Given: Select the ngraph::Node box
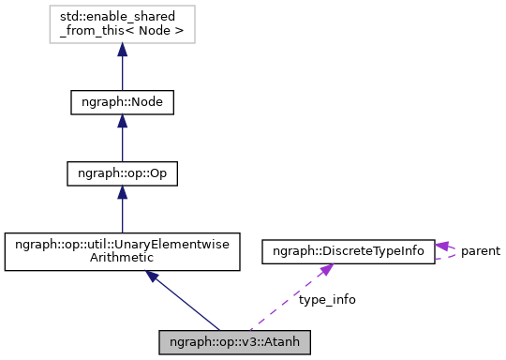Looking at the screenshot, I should (122, 101).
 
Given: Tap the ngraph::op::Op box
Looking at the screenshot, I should (122, 173).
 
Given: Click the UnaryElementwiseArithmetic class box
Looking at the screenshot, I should (122, 252).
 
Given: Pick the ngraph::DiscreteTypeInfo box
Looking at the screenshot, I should (348, 251).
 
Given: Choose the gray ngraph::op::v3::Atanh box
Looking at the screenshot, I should (234, 341).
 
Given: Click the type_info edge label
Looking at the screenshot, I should (327, 300).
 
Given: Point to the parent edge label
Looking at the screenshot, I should (480, 251).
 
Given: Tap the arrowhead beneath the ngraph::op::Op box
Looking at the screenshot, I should (122, 194).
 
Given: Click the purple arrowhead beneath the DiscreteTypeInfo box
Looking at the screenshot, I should (324, 270).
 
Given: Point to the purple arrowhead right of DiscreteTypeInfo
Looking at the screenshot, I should (443, 246).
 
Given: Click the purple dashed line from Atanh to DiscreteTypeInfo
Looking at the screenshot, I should (281, 304).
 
